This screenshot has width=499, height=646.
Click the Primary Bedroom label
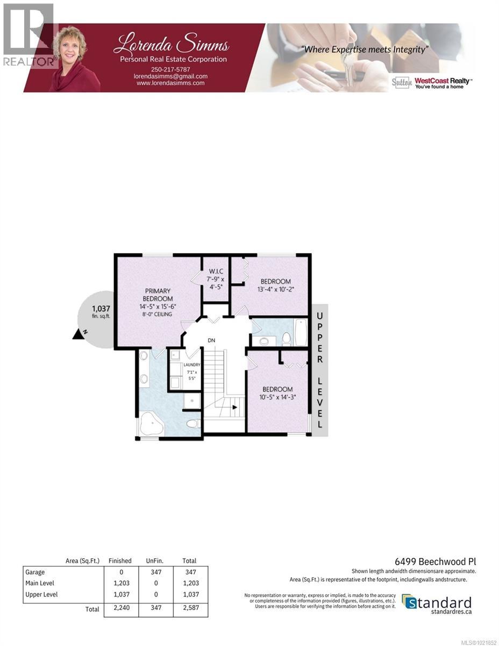pos(158,295)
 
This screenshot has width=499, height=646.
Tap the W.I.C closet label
pos(216,270)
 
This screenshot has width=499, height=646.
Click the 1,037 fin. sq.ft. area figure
pos(101,308)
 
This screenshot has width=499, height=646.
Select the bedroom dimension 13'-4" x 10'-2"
pos(276,290)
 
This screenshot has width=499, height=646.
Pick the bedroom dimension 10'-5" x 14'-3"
pos(277,397)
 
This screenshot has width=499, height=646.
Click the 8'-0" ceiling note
pos(158,314)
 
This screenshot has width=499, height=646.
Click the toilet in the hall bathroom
pos(287,339)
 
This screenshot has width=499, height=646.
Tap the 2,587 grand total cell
pos(189,609)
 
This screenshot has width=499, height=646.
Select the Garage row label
pos(35,572)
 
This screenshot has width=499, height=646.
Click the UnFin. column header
pos(155,560)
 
